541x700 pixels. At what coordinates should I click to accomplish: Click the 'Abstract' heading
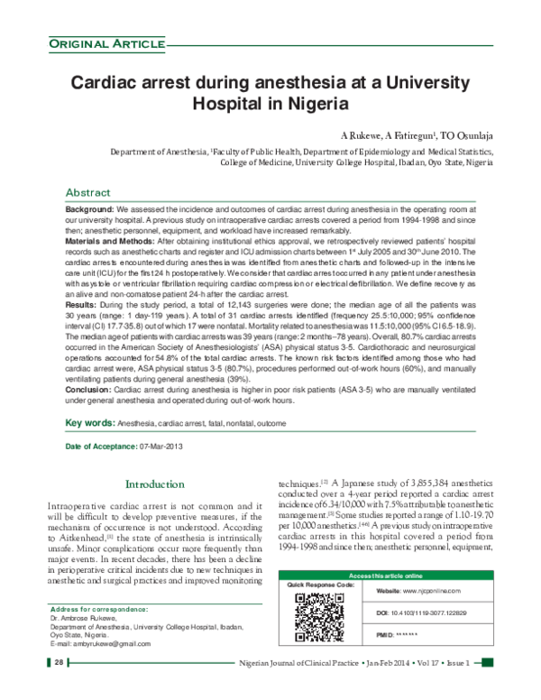tap(88, 193)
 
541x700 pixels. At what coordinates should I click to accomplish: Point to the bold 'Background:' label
tap(89, 209)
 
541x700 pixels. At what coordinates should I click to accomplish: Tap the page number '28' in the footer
tap(57, 688)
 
